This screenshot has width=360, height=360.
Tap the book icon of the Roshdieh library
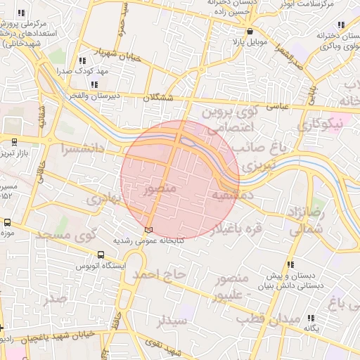[148, 230]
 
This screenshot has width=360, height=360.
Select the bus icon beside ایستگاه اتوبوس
[102, 255]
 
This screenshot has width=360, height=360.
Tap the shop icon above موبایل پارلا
[250, 32]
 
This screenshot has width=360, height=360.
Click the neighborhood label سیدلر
[172, 321]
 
